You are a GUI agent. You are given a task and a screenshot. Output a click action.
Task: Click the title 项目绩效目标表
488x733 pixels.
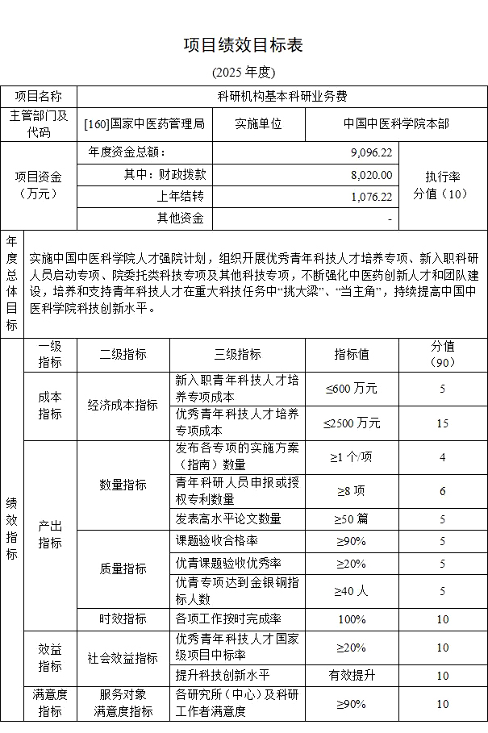click(244, 44)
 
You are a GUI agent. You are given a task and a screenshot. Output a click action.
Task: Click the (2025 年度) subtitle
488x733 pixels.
click(244, 73)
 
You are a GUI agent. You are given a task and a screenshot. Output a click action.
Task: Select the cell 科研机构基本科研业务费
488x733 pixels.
click(282, 97)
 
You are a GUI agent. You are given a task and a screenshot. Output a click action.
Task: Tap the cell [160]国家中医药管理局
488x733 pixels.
click(144, 124)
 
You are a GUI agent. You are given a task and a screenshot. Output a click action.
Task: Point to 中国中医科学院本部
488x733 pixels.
click(396, 124)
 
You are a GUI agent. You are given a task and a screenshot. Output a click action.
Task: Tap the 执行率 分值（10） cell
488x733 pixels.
click(441, 185)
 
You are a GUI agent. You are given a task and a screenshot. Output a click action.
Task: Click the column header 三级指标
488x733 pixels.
click(237, 355)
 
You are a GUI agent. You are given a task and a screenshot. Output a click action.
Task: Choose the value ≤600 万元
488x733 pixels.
click(351, 389)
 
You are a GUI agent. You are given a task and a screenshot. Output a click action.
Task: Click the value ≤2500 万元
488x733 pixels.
click(352, 423)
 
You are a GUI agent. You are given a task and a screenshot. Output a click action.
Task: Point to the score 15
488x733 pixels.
click(442, 423)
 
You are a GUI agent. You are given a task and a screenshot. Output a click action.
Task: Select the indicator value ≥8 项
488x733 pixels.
click(352, 490)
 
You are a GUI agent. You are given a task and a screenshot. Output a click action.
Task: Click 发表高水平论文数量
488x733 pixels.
click(228, 519)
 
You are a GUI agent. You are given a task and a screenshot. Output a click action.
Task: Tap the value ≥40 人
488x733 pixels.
click(352, 590)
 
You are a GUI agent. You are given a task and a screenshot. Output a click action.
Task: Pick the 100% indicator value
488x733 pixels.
click(352, 619)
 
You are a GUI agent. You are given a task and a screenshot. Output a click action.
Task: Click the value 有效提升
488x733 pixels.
click(352, 675)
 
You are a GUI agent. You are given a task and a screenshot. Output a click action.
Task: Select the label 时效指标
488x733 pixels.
click(123, 619)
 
